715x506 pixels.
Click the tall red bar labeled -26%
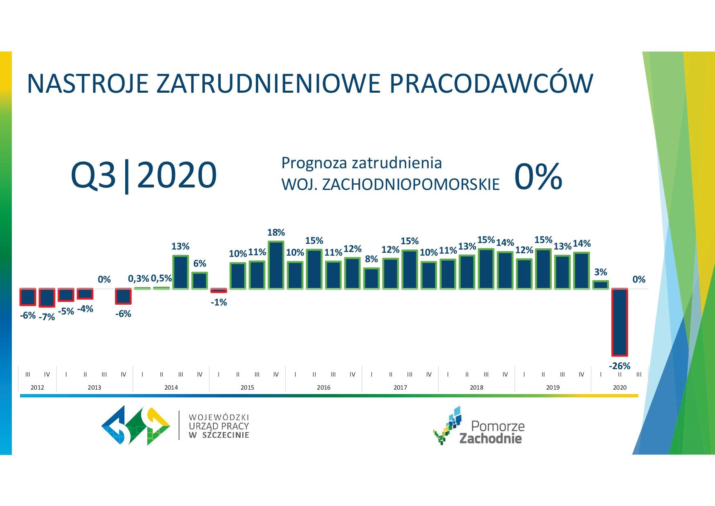pos(620,322)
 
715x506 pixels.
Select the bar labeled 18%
pos(276,265)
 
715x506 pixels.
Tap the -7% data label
pos(47,317)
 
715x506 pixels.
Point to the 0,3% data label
pos(139,279)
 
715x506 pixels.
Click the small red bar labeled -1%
pos(219,290)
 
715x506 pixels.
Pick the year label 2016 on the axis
pos(323,387)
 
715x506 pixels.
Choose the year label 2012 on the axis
pos(37,387)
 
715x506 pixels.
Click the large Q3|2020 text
pos(144,175)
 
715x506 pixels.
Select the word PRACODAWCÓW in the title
pos(491,84)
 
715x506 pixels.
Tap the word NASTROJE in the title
pos(87,84)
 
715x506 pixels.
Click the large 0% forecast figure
pos(538,176)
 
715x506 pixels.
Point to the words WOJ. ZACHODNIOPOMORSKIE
pos(390,185)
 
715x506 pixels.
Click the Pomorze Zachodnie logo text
pos(491,432)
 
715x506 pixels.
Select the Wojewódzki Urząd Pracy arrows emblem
pos(136,425)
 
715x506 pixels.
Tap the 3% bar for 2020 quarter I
pos(600,285)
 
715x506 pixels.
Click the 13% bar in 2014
pos(181,272)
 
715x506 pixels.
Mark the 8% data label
pos(371,259)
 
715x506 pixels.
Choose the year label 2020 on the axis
pos(620,387)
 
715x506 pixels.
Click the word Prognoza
pos(314,163)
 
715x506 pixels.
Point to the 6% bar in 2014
pos(200,281)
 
